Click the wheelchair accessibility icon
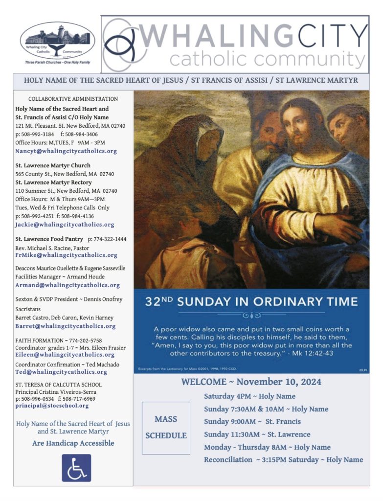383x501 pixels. click(76, 468)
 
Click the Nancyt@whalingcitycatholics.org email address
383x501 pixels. click(66, 151)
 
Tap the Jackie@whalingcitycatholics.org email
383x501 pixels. click(65, 225)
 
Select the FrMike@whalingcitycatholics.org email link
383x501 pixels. click(66, 255)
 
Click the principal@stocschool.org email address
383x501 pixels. click(52, 406)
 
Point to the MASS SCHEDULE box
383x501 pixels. click(166, 428)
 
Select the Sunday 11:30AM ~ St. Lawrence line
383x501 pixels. click(257, 434)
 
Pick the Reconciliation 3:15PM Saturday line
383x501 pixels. click(283, 459)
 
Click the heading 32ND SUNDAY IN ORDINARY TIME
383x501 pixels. click(251, 301)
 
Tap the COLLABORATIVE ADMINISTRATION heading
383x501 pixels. click(73, 99)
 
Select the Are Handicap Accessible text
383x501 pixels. click(73, 443)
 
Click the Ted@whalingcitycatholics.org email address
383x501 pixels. click(61, 372)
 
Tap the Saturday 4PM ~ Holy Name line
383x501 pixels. click(249, 396)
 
